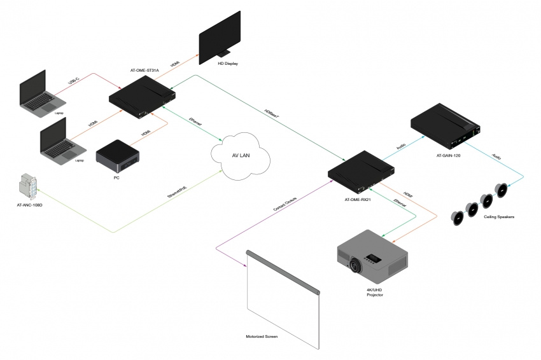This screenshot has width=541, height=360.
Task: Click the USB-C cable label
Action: click(73, 81)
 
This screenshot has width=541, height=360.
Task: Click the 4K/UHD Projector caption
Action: click(376, 293)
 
